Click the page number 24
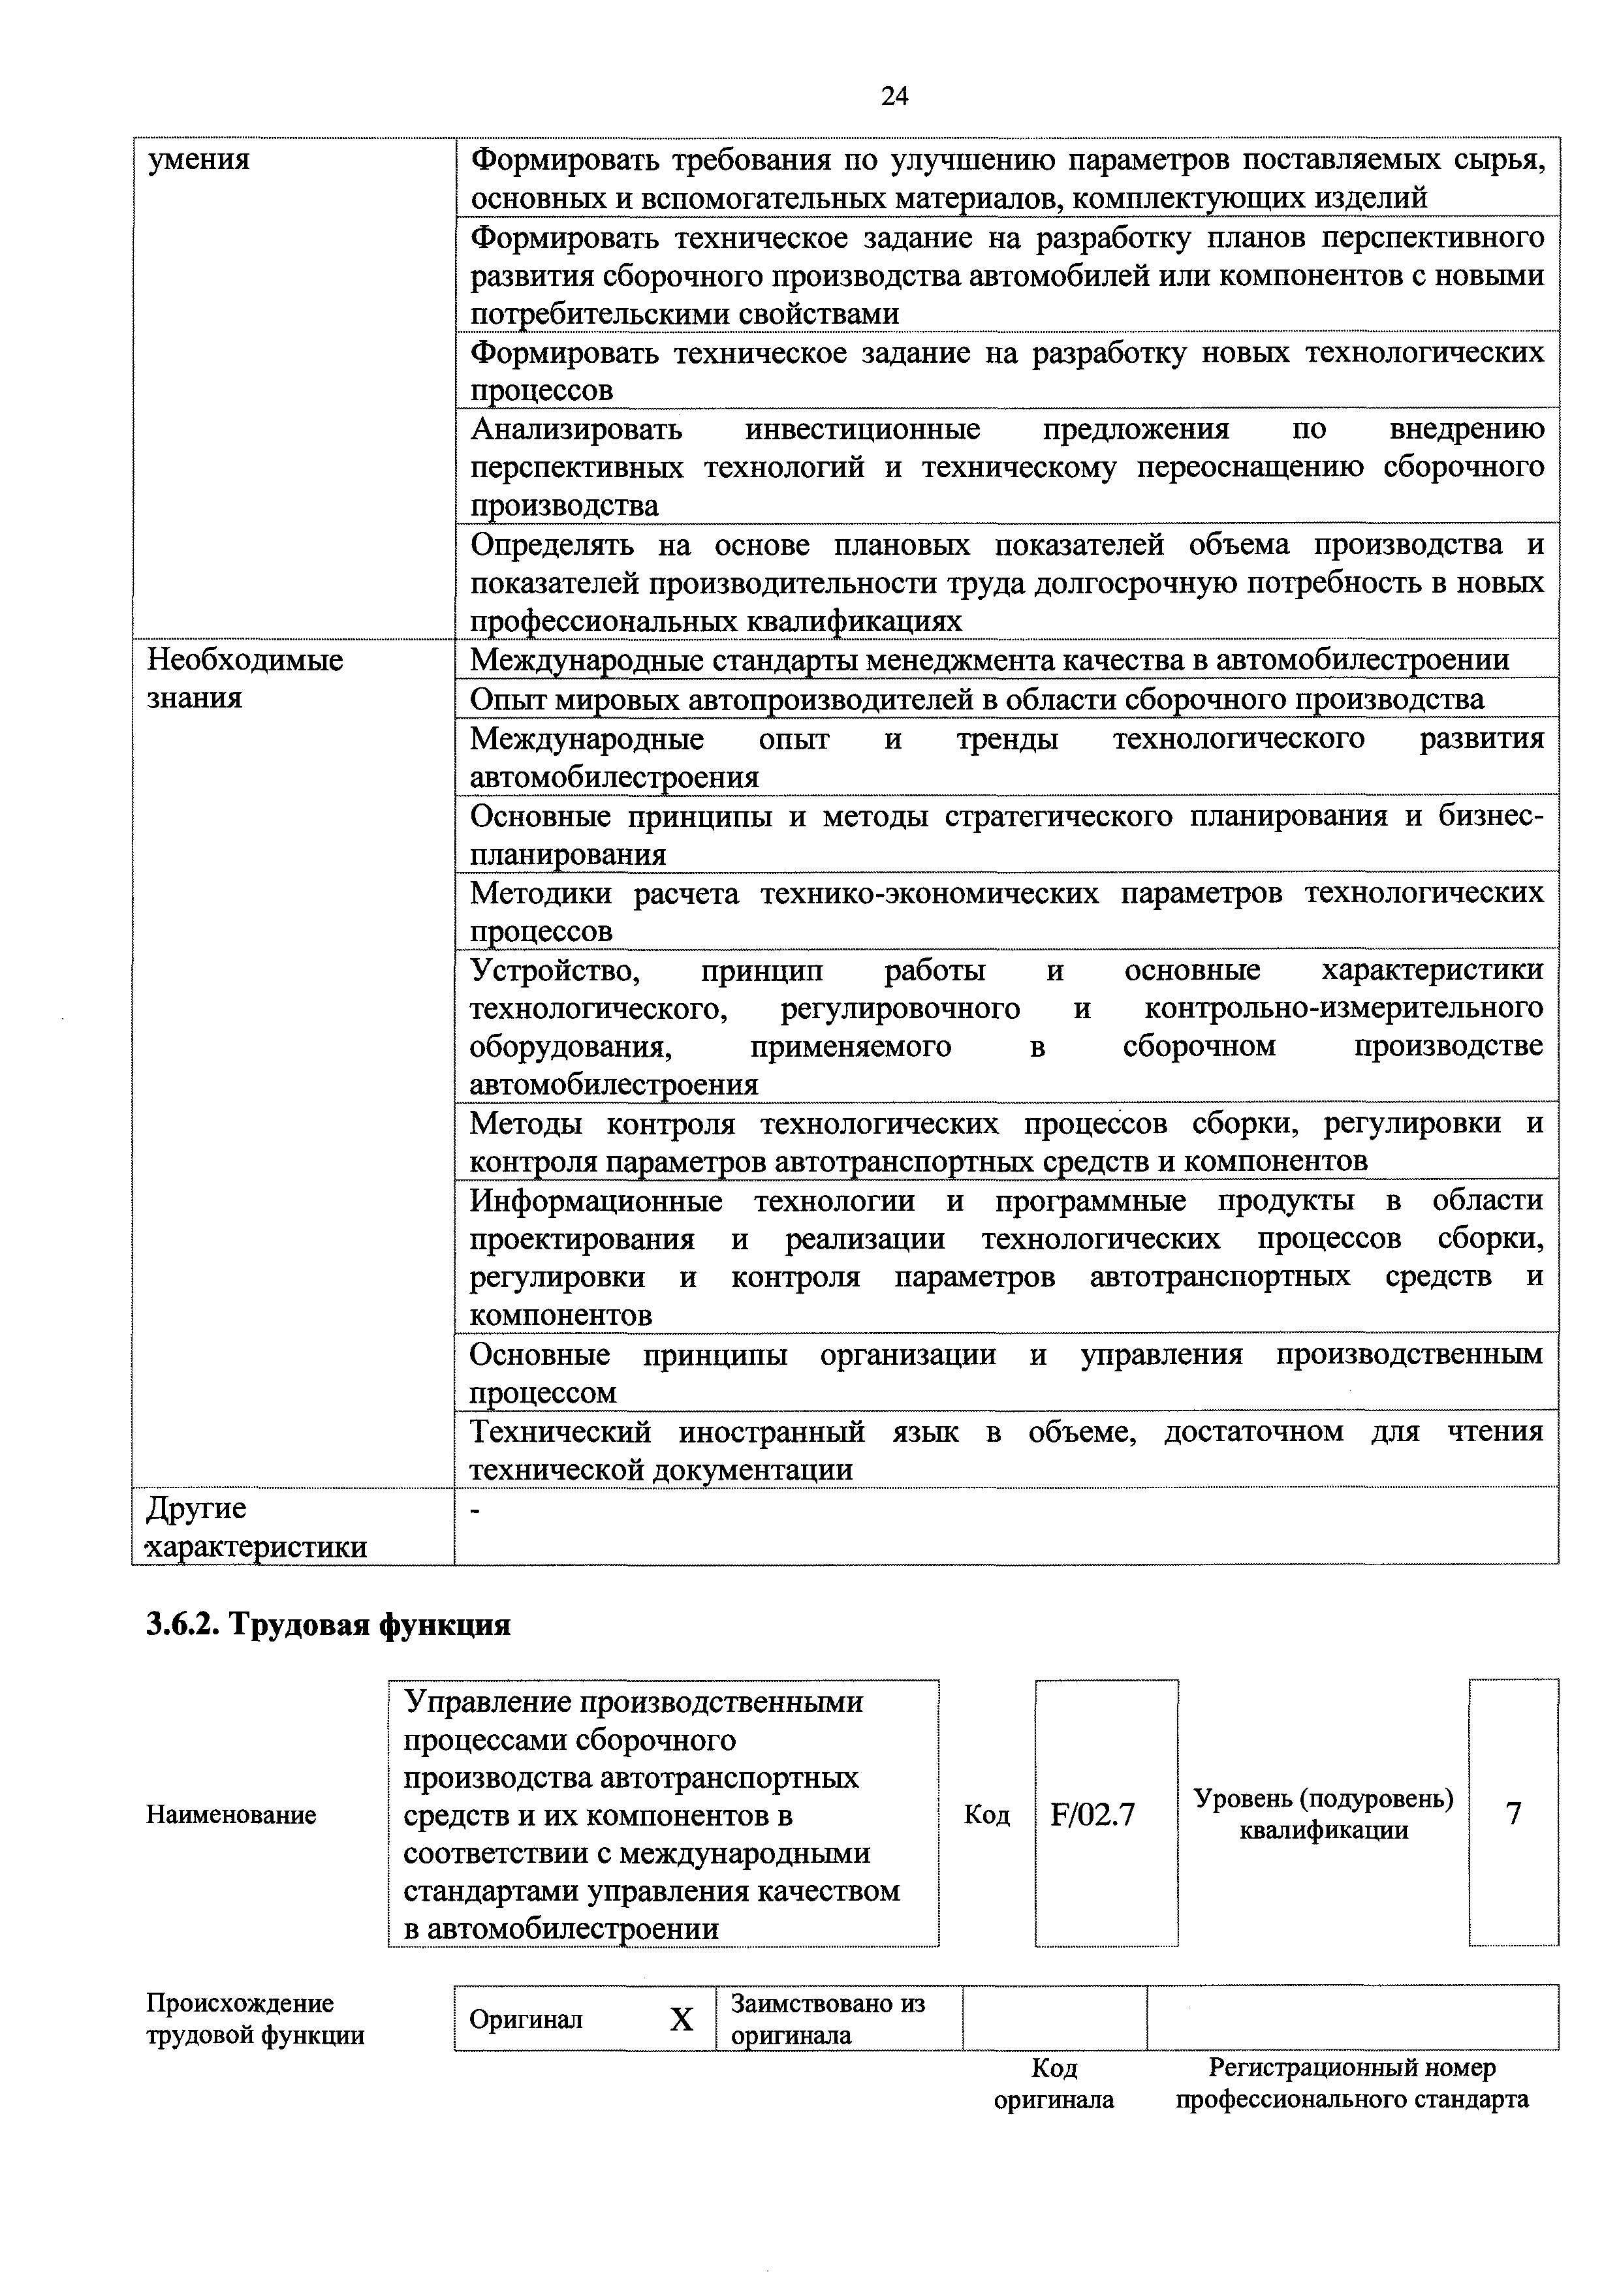tap(894, 97)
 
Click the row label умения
tap(198, 159)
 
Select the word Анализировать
tap(576, 429)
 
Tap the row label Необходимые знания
tap(244, 678)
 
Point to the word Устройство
tap(554, 970)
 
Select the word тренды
tap(1007, 739)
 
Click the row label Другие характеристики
tap(255, 1527)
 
